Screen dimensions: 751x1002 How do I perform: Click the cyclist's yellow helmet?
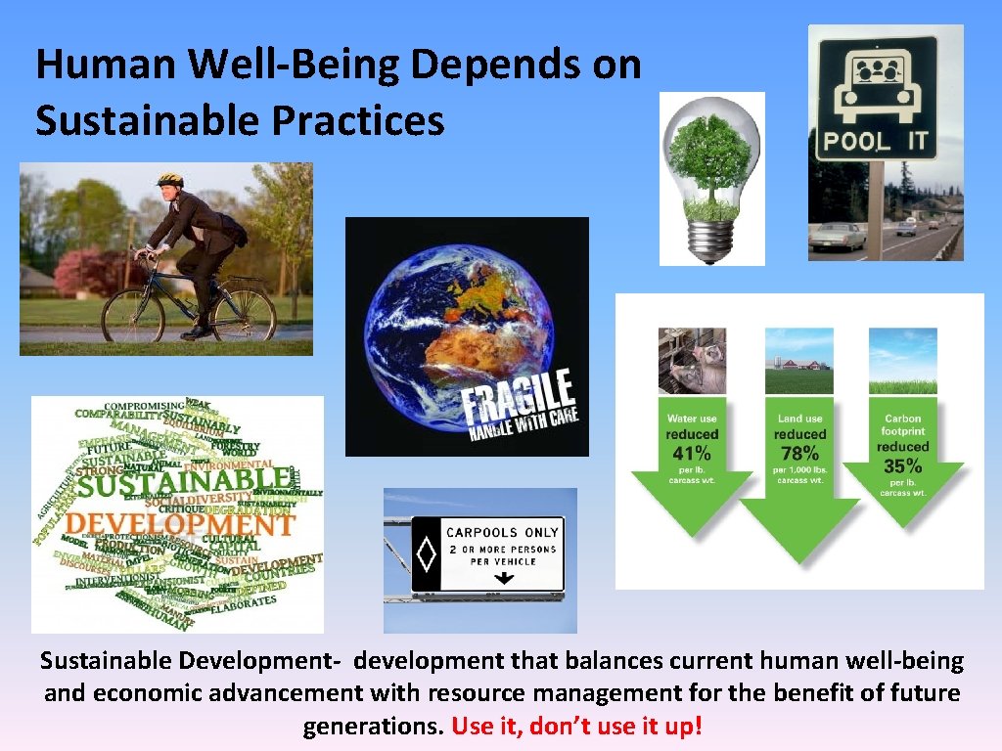coord(170,182)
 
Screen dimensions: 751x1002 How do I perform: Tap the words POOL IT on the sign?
coord(875,141)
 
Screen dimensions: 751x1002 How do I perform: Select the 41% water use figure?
coord(692,453)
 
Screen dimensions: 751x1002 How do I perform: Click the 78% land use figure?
coord(799,453)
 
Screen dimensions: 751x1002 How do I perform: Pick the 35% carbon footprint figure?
coord(902,465)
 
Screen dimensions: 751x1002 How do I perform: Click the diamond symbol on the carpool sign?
coord(427,556)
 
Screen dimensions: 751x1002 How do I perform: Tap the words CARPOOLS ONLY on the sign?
coord(502,533)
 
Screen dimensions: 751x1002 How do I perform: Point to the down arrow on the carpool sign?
coord(503,578)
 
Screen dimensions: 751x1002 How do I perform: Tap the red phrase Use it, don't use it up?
coord(577,728)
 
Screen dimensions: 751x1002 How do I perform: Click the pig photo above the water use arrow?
coord(692,360)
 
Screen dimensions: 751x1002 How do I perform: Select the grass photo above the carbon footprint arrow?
coord(902,360)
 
